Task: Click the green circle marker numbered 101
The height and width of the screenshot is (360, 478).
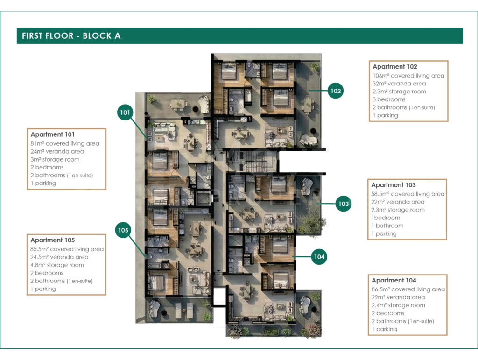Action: [x=125, y=112]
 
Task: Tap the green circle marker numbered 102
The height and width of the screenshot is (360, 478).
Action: [x=335, y=91]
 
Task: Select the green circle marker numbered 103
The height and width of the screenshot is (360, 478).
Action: [x=343, y=204]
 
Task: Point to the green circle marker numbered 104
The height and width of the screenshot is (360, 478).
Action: [x=319, y=257]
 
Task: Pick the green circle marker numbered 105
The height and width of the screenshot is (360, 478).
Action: [x=123, y=230]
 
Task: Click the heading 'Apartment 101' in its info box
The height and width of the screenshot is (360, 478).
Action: [x=52, y=134]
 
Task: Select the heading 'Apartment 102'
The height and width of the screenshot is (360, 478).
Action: [x=395, y=66]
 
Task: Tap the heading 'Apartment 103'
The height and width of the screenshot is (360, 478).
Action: [x=393, y=185]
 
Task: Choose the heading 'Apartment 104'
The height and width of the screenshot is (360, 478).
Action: [x=394, y=280]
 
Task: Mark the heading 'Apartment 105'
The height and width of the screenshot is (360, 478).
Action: [x=52, y=240]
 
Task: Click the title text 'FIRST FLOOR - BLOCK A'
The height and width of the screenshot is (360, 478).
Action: [x=71, y=35]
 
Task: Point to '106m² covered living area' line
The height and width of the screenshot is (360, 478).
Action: [x=408, y=76]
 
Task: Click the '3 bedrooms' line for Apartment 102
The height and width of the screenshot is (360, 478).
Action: [x=389, y=99]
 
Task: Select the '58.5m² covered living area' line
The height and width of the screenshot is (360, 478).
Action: [x=408, y=194]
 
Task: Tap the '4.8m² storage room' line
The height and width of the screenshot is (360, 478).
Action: [x=57, y=265]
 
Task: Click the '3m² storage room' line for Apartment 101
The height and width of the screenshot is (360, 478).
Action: [x=55, y=159]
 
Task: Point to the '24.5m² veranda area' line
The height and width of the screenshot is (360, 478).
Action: [x=59, y=257]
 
